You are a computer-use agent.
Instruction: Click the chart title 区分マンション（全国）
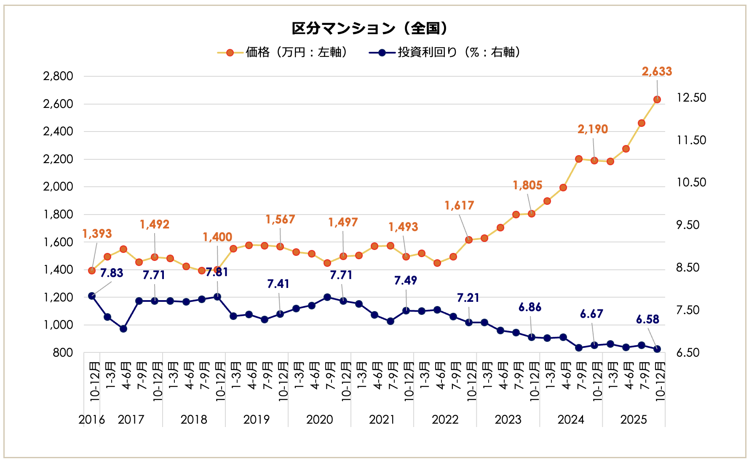[369, 28]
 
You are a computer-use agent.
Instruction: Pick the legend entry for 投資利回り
[445, 52]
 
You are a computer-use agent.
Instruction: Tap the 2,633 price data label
[656, 71]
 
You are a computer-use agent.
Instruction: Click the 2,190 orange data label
[592, 129]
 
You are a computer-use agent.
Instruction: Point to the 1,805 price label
[527, 185]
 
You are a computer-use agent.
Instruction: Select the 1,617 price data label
[459, 205]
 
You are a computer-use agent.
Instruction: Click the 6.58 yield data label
[647, 319]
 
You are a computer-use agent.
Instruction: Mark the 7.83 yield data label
[112, 273]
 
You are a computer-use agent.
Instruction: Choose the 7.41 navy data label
[278, 284]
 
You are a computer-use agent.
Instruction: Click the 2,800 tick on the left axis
[58, 76]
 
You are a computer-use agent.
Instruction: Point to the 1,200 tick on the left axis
[58, 297]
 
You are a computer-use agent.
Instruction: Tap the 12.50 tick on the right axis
[691, 97]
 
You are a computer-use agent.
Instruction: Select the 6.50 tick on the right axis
[688, 352]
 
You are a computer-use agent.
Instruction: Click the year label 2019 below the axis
[257, 419]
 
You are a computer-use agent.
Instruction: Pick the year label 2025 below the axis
[634, 419]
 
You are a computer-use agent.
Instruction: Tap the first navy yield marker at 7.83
[92, 296]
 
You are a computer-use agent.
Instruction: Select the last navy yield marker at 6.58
[657, 349]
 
